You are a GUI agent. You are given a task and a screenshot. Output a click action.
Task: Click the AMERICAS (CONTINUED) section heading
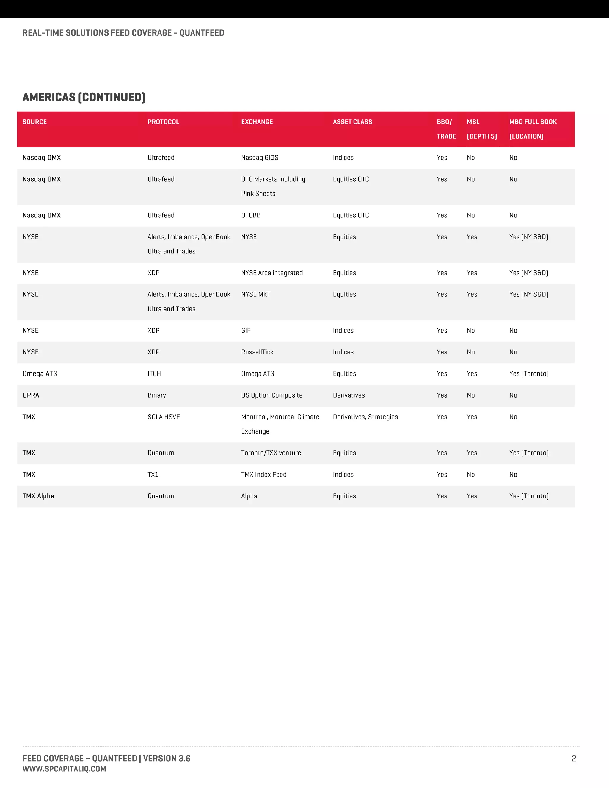(x=84, y=98)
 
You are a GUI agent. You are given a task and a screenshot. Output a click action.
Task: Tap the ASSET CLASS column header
(x=352, y=122)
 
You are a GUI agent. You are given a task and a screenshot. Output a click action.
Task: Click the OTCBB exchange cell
(x=251, y=215)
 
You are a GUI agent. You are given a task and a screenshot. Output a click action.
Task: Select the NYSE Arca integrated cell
(x=272, y=273)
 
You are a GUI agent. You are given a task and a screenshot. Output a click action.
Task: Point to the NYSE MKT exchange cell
(x=255, y=295)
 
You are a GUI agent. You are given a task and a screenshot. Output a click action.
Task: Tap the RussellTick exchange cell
(x=257, y=352)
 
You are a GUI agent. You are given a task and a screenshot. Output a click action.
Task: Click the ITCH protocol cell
(x=154, y=374)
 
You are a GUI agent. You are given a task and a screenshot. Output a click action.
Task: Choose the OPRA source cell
(x=31, y=395)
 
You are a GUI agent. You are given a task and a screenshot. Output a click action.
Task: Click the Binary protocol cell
(x=157, y=395)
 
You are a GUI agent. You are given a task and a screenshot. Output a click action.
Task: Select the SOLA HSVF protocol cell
(x=164, y=417)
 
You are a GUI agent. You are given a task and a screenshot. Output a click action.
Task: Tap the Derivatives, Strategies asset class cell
(x=365, y=417)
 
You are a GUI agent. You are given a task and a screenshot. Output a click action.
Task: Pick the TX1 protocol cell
(x=153, y=475)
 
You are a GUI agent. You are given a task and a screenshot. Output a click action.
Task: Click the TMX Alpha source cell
(x=38, y=496)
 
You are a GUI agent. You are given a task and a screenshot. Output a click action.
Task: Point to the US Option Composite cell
(x=272, y=395)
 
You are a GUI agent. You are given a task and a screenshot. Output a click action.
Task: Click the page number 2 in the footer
(x=574, y=759)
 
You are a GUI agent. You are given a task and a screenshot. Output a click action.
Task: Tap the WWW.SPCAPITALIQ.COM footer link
(x=64, y=769)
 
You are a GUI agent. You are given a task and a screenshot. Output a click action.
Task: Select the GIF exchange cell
(x=246, y=331)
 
